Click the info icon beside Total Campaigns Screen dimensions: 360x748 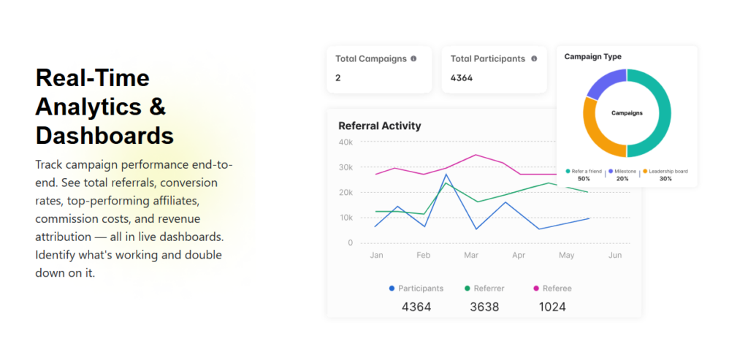(x=413, y=58)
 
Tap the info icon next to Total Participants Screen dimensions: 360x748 (x=534, y=58)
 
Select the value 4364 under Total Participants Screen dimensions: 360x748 (x=462, y=77)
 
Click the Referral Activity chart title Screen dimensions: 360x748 (x=380, y=126)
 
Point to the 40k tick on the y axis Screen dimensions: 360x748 (x=346, y=142)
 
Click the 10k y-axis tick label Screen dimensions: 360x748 (x=346, y=218)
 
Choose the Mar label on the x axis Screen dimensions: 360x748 (x=471, y=256)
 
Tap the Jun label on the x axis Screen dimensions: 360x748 (x=615, y=256)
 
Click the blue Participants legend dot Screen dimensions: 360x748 (x=392, y=288)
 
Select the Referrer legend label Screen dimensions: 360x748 (x=489, y=288)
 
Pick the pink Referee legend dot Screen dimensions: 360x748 (x=536, y=288)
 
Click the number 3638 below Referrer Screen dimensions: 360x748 (x=484, y=307)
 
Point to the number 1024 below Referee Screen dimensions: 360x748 (x=552, y=307)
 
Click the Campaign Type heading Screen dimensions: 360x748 (x=593, y=56)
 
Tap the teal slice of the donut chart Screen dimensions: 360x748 (x=658, y=113)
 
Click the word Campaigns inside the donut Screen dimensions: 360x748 (x=627, y=113)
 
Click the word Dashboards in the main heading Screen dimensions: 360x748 (x=104, y=135)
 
